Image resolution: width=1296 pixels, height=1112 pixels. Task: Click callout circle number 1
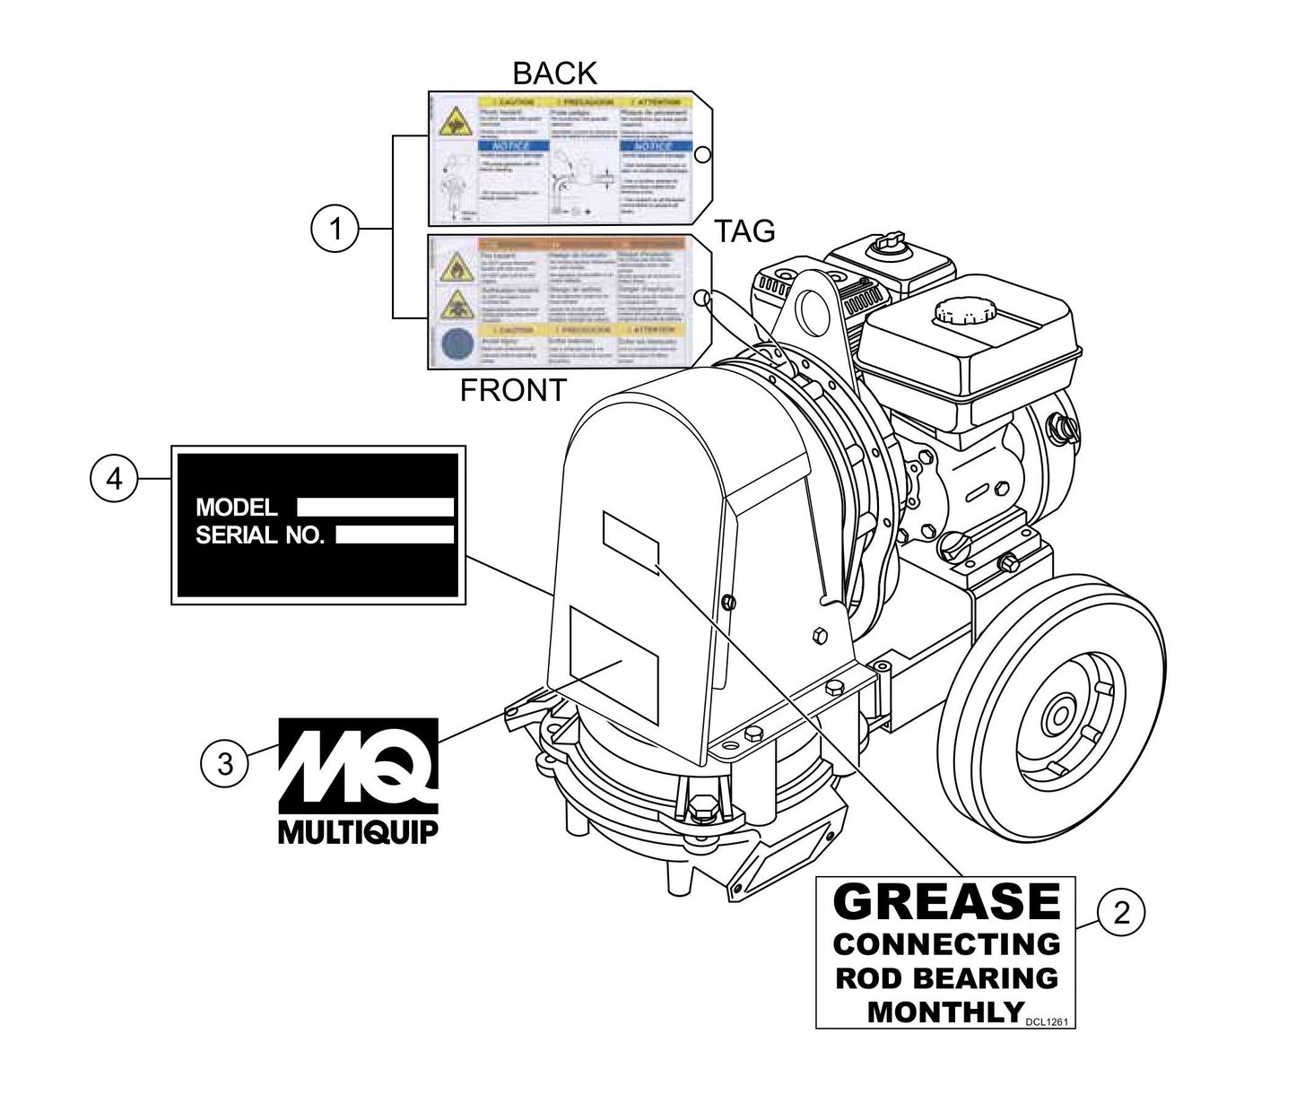(335, 230)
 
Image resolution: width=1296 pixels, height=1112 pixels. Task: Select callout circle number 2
(1120, 913)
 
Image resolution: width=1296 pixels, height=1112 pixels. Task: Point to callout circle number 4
(114, 479)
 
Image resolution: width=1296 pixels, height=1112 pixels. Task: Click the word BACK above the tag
(554, 74)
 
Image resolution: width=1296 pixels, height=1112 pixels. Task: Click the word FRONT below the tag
(513, 390)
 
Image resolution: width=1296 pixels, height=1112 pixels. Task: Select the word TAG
(744, 231)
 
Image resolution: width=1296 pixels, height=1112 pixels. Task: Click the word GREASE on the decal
(946, 901)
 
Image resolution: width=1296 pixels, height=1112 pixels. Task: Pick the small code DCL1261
(1047, 1020)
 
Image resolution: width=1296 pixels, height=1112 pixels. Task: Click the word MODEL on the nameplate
(237, 508)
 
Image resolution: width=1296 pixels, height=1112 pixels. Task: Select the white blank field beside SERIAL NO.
(395, 535)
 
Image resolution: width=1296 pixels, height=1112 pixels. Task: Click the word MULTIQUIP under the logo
(358, 832)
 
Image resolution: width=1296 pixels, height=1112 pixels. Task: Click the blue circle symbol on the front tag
(456, 345)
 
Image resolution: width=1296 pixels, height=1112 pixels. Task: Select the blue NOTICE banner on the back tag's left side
(506, 145)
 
